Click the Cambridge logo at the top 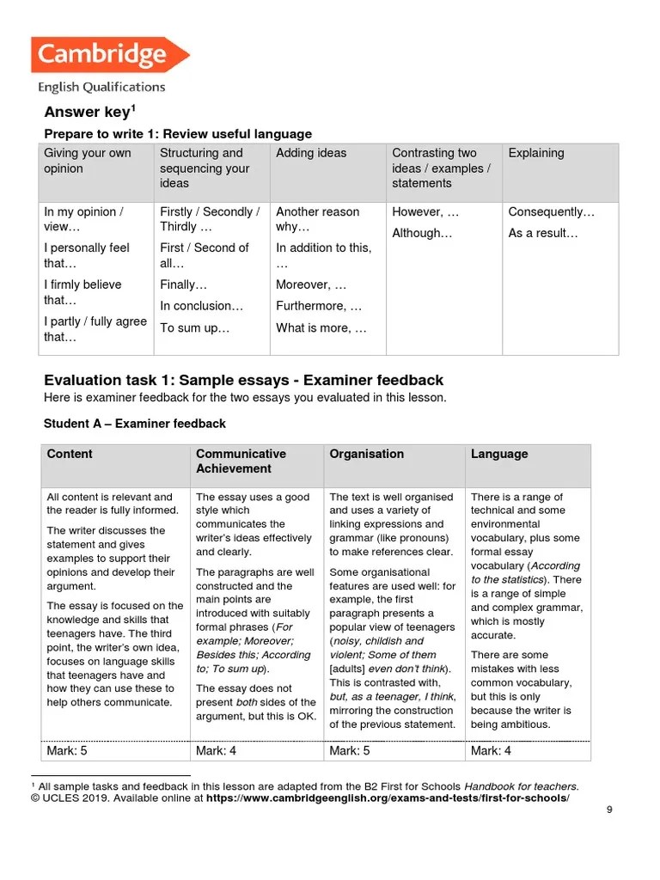pyautogui.click(x=109, y=55)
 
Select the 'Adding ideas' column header pyautogui.click(x=311, y=153)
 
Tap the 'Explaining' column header pyautogui.click(x=536, y=153)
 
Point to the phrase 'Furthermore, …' pyautogui.click(x=319, y=306)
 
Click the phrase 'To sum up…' pyautogui.click(x=195, y=327)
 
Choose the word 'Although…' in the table pyautogui.click(x=422, y=233)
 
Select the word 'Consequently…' pyautogui.click(x=551, y=211)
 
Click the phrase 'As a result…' pyautogui.click(x=543, y=233)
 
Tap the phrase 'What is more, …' pyautogui.click(x=321, y=327)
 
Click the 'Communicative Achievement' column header pyautogui.click(x=241, y=461)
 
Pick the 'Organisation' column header pyautogui.click(x=366, y=454)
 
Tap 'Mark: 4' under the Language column pyautogui.click(x=492, y=751)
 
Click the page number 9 pyautogui.click(x=609, y=832)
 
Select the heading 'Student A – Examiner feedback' pyautogui.click(x=135, y=424)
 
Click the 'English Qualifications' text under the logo pyautogui.click(x=101, y=87)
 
